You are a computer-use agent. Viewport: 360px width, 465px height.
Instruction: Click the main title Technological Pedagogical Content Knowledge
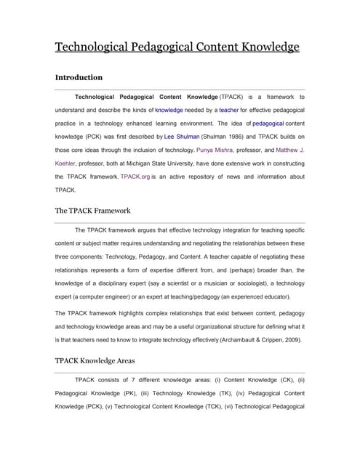click(177, 47)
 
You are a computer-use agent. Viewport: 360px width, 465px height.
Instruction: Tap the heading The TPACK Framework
click(92, 211)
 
